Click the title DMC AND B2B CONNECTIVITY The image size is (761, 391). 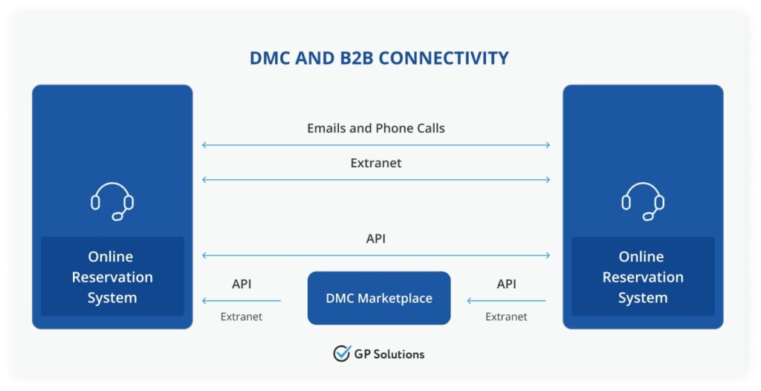(379, 58)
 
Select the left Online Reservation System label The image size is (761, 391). (111, 277)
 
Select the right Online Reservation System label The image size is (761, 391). (642, 277)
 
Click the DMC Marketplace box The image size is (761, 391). (379, 298)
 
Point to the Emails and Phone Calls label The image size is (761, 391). (376, 128)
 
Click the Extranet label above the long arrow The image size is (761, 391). (376, 163)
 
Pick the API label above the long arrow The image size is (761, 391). (376, 239)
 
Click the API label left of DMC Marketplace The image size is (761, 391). (242, 284)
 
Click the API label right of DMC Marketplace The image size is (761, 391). (506, 284)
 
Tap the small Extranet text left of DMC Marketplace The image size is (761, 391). (242, 317)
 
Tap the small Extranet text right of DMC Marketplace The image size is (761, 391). (506, 317)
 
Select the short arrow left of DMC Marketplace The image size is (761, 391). (242, 301)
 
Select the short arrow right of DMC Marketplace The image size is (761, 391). (506, 301)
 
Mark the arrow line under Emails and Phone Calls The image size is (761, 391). (376, 145)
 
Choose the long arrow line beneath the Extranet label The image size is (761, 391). (376, 180)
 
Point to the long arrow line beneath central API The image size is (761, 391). (376, 256)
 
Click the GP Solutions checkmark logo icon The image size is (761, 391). (342, 353)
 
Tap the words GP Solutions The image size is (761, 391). (389, 354)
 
